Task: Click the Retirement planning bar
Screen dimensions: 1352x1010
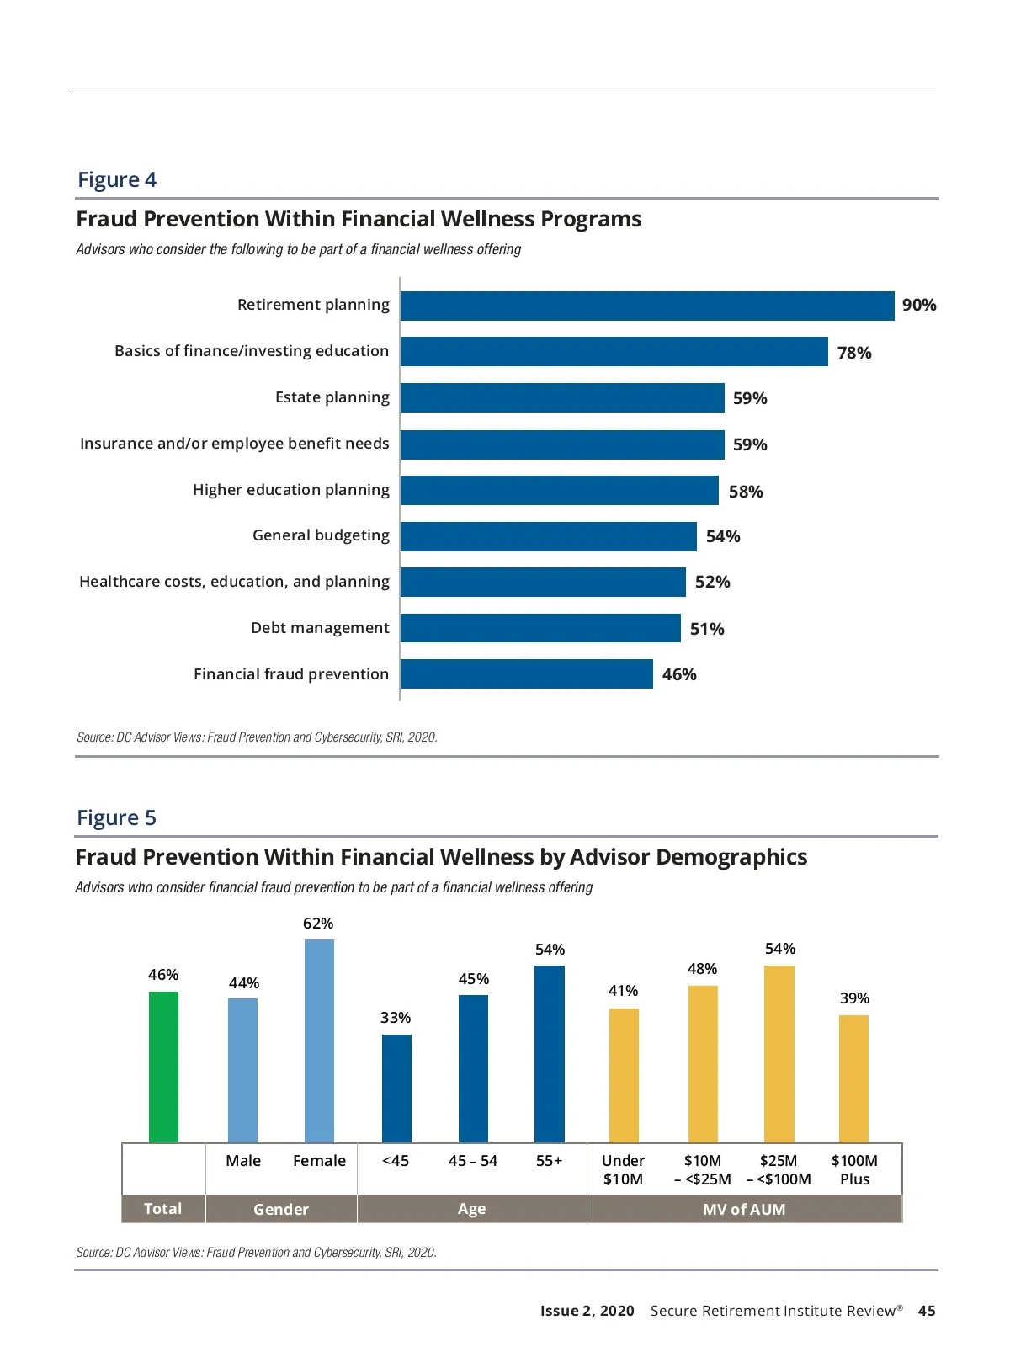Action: (646, 306)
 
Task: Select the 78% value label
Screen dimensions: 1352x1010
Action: (853, 353)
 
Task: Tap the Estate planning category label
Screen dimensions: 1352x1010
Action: (332, 397)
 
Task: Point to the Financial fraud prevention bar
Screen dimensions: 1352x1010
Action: (526, 673)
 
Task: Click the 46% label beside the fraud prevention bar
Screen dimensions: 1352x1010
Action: (678, 674)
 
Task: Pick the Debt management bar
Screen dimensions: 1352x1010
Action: (540, 628)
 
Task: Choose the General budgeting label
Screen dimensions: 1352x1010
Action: (321, 535)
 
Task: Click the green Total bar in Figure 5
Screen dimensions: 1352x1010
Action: (163, 1067)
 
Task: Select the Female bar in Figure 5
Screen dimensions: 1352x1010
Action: (319, 1041)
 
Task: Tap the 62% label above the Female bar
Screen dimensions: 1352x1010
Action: (318, 924)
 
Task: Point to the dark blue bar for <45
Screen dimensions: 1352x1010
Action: (396, 1088)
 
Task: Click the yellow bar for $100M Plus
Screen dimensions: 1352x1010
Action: (853, 1078)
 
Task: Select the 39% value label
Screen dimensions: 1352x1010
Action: (854, 998)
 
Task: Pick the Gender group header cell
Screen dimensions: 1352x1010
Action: (281, 1209)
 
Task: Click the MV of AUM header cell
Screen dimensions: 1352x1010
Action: (744, 1209)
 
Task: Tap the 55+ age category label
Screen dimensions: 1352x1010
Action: (549, 1161)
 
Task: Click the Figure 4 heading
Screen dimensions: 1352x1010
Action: (117, 179)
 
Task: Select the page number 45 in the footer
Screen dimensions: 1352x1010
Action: (926, 1311)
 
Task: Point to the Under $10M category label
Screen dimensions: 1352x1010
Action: (623, 1169)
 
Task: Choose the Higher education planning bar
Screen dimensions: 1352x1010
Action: (559, 491)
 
